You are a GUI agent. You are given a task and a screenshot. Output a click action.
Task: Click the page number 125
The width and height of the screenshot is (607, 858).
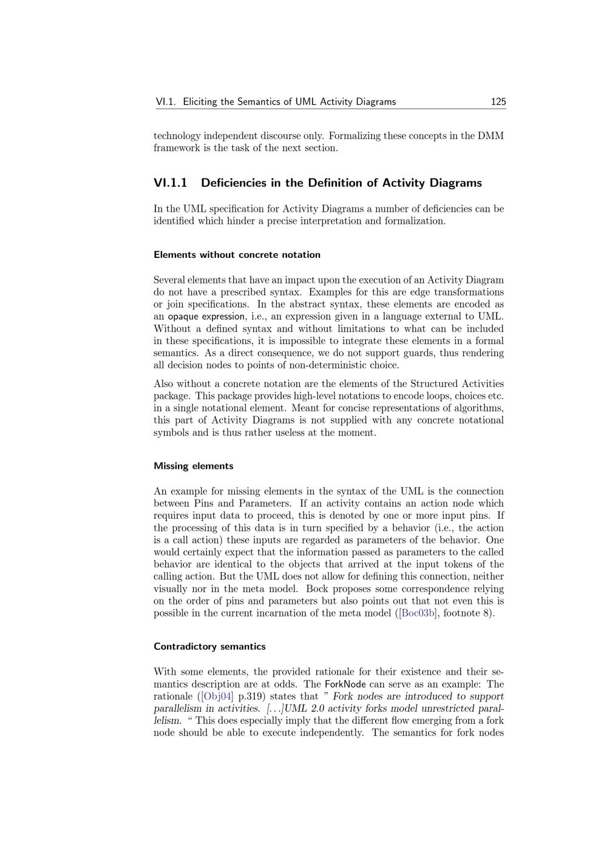(498, 102)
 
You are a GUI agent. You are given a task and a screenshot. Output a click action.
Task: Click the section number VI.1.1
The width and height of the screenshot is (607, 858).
(171, 183)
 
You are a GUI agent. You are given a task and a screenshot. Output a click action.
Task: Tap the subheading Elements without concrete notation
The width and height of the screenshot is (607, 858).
(237, 255)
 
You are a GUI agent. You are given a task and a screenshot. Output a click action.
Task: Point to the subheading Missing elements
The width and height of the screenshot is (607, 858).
(193, 466)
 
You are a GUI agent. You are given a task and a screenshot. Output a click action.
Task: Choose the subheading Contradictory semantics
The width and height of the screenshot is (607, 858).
(209, 646)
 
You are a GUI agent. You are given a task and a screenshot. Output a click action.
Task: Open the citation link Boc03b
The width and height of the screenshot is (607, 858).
(418, 613)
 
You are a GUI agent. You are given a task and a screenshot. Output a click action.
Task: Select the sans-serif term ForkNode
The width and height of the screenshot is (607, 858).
(345, 684)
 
